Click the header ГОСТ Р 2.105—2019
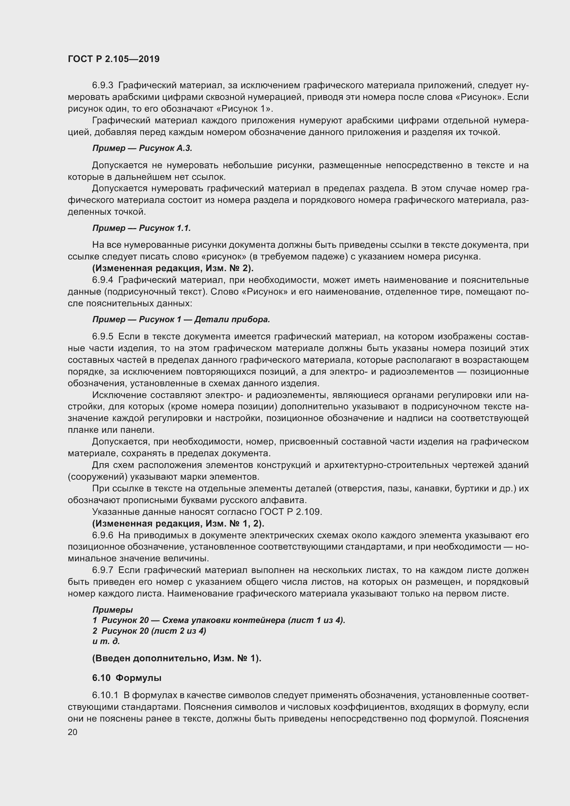coord(113,59)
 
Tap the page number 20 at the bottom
coord(72,732)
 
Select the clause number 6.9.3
coord(102,85)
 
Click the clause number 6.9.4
coord(102,280)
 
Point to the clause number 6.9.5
coord(102,337)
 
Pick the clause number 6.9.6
coord(102,535)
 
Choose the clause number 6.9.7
coord(102,570)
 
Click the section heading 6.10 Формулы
coord(127,678)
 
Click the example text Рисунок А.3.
coord(165,148)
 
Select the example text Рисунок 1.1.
coord(165,228)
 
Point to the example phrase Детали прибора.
coord(232,319)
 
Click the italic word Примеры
coord(112,610)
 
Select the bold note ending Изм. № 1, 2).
coord(178,523)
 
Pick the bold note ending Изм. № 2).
coord(173,268)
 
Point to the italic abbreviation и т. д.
coord(106,641)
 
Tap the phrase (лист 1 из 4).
coord(316,620)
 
